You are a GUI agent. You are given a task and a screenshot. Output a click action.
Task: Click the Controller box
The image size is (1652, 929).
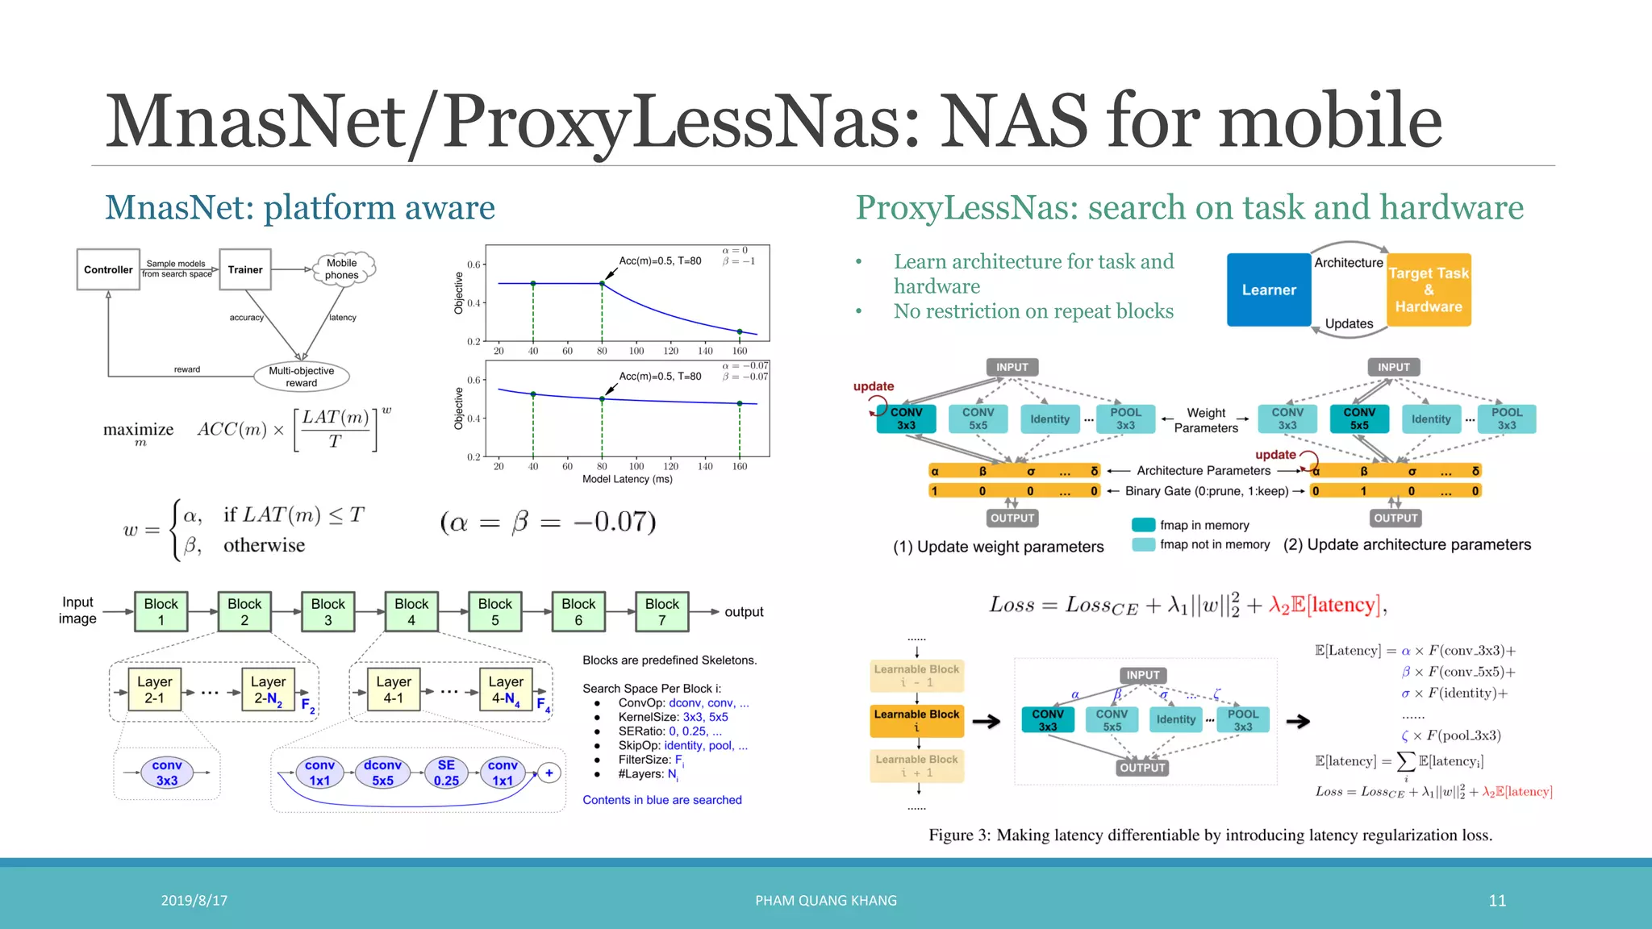pyautogui.click(x=108, y=270)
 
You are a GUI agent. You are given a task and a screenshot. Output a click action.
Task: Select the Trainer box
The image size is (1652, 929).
pyautogui.click(x=245, y=270)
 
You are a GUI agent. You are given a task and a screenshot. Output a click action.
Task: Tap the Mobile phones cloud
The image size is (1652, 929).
pyautogui.click(x=342, y=269)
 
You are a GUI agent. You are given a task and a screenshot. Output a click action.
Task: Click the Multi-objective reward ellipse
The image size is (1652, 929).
pyautogui.click(x=301, y=377)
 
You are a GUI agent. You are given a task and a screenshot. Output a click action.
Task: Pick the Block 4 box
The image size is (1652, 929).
pyautogui.click(x=411, y=612)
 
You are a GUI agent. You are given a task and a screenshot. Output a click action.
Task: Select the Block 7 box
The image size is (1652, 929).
pyautogui.click(x=661, y=612)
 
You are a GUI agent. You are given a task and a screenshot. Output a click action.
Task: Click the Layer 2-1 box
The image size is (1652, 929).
pyautogui.click(x=154, y=689)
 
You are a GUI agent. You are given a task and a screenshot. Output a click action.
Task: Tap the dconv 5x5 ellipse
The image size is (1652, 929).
pyautogui.click(x=382, y=773)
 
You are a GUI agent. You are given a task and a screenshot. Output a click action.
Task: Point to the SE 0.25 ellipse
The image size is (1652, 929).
pyautogui.click(x=446, y=773)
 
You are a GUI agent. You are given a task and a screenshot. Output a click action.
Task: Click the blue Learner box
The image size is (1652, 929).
pyautogui.click(x=1269, y=290)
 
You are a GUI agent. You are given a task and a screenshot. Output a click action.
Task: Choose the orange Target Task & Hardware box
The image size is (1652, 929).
pyautogui.click(x=1429, y=290)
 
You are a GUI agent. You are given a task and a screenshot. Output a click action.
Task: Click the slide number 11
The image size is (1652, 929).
pyautogui.click(x=1497, y=901)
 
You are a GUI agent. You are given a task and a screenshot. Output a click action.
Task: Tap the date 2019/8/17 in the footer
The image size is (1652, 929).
pyautogui.click(x=194, y=901)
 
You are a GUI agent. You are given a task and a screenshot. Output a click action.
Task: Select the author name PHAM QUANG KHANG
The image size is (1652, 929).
pyautogui.click(x=826, y=901)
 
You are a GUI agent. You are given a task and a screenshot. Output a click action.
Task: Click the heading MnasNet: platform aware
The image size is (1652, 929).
pyautogui.click(x=300, y=208)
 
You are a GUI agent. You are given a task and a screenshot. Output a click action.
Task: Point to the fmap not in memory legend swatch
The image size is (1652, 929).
pyautogui.click(x=1143, y=545)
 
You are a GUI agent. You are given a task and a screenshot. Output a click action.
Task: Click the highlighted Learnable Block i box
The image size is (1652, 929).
pyautogui.click(x=916, y=721)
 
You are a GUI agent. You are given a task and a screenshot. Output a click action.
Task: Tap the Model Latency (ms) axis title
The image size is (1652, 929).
pyautogui.click(x=627, y=479)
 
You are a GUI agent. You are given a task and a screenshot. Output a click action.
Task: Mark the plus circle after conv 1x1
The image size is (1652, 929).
pyautogui.click(x=549, y=773)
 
